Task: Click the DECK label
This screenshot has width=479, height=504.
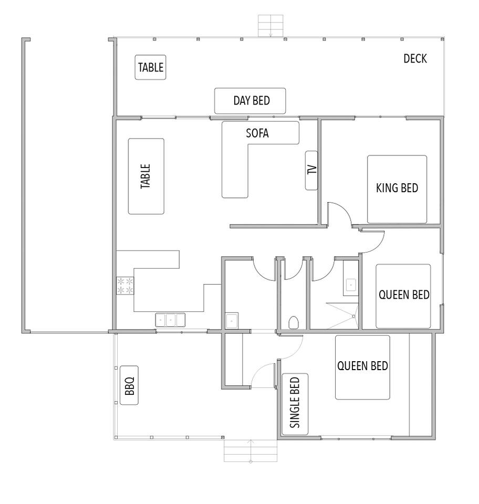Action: coord(415,58)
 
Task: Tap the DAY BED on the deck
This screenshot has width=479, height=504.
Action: coord(251,101)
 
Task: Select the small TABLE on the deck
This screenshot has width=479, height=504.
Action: coord(150,67)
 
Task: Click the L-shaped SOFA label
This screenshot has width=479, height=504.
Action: coord(257,133)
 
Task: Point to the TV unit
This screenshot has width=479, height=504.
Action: coord(311,170)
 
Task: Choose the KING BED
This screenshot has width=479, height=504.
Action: coord(397,189)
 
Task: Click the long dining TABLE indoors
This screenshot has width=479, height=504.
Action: coord(146,176)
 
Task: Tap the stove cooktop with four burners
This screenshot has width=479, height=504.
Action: coord(125,285)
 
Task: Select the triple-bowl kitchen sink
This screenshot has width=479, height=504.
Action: coord(170,319)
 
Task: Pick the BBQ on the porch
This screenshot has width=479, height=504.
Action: coord(129,385)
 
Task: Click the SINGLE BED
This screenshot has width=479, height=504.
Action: coord(295,404)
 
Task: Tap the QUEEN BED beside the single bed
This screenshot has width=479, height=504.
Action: coord(362,367)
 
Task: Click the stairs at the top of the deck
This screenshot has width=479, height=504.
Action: coord(271,26)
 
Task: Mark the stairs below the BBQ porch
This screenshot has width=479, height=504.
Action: coord(251,450)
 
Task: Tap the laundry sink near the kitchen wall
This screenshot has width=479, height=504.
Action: coord(232,320)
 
